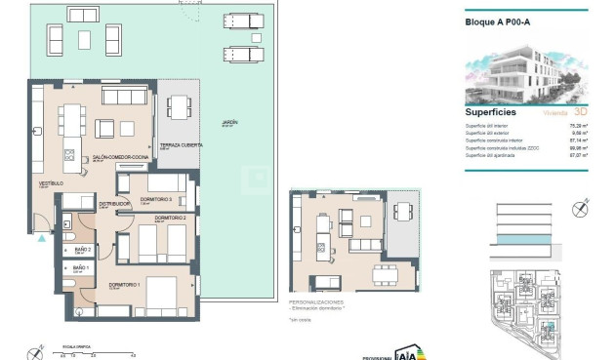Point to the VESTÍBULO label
[51, 183]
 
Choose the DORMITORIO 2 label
[169, 219]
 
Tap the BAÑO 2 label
[82, 250]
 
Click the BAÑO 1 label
[81, 267]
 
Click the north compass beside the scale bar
[36, 351]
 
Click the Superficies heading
[490, 112]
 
